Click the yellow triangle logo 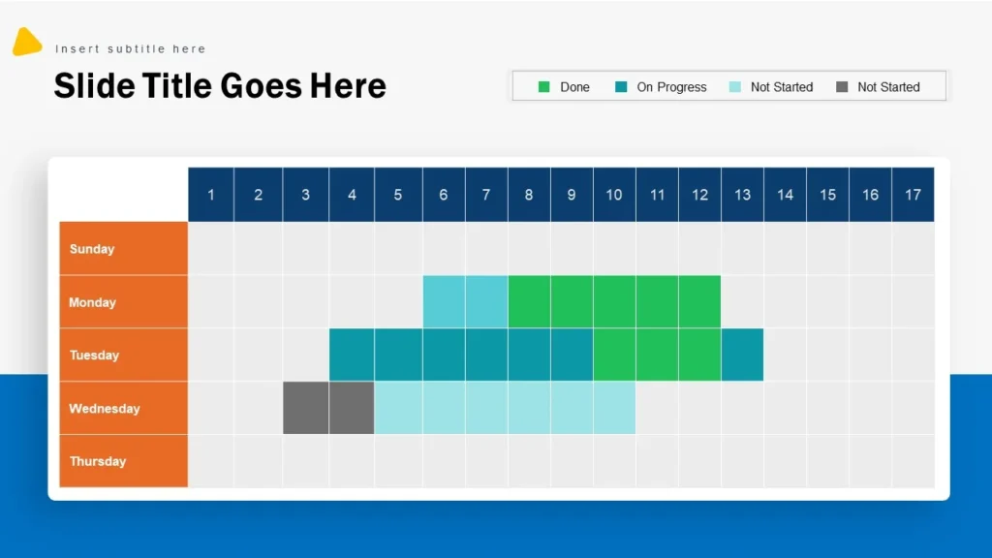tap(26, 43)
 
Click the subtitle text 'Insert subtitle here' tap(130, 48)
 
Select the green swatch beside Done tap(544, 87)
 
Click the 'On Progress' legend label tap(671, 87)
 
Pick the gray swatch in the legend tap(842, 87)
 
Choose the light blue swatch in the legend tap(734, 87)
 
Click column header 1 tap(211, 195)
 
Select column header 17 tap(913, 195)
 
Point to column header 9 tap(572, 195)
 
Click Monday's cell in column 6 tap(444, 302)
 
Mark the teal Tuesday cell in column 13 tap(742, 355)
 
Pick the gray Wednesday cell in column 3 tap(305, 408)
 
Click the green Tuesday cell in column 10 tap(614, 355)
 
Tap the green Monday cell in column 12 tap(699, 302)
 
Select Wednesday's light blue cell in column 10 tap(614, 408)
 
